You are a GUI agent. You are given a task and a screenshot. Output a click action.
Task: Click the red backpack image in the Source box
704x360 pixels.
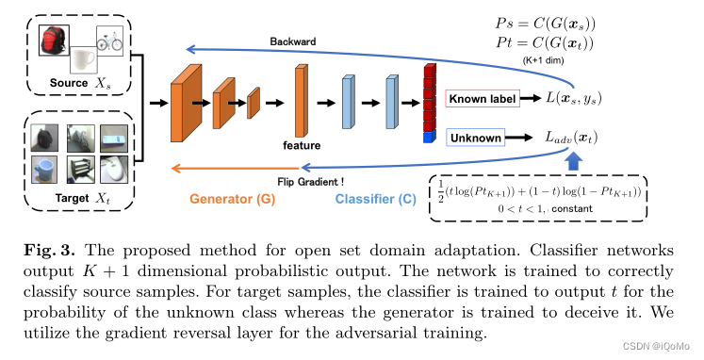[53, 41]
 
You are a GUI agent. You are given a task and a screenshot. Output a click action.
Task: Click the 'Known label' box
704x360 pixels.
[482, 99]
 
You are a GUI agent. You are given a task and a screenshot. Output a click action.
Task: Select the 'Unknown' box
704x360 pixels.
[476, 137]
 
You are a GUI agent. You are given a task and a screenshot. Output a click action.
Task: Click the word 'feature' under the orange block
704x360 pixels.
[303, 146]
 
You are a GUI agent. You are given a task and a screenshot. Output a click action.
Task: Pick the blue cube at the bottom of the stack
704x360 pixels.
[430, 139]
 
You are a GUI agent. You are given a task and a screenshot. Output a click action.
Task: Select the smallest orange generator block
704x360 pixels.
[253, 102]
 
